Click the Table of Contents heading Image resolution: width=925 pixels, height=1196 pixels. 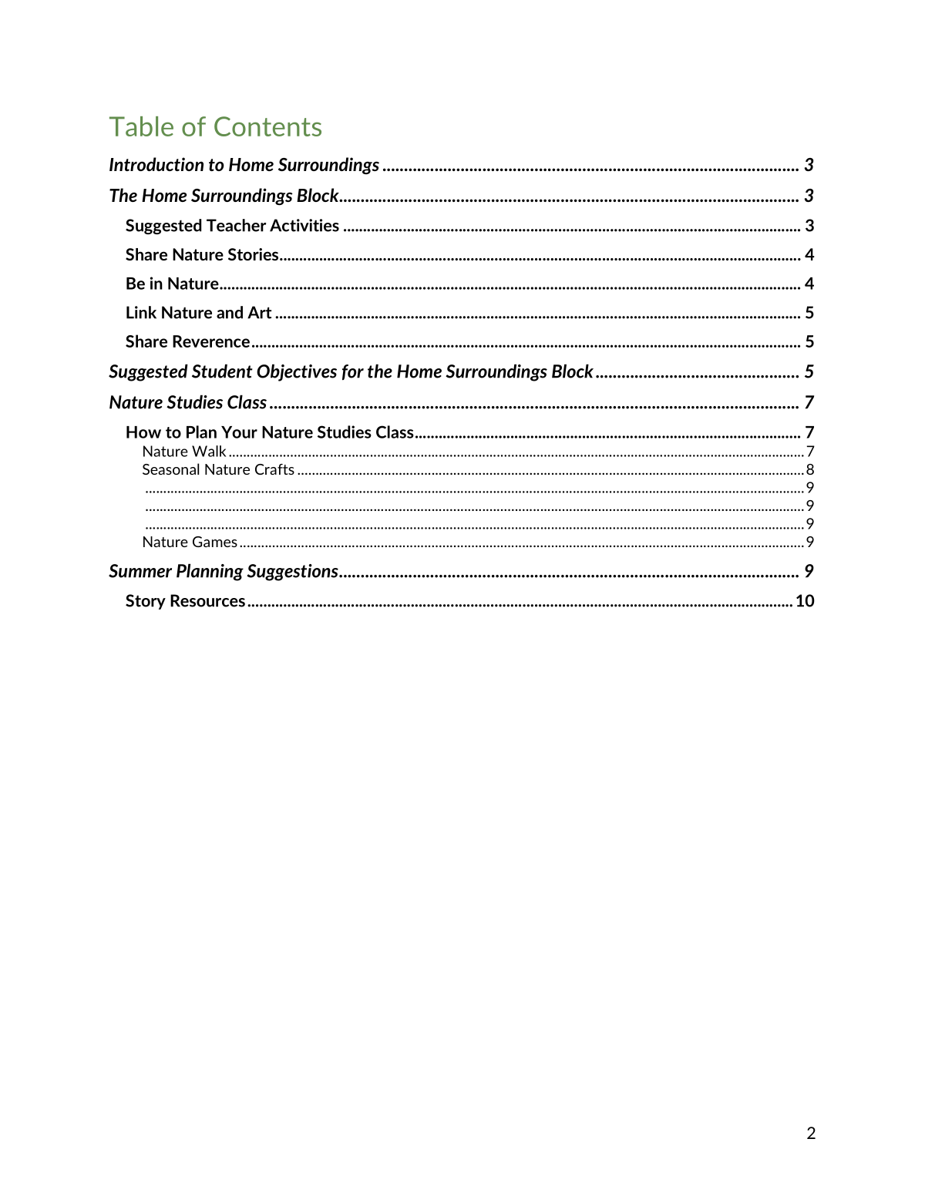click(x=215, y=127)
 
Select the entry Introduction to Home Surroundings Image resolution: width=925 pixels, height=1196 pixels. click(x=244, y=165)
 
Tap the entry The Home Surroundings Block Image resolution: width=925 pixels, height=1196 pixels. click(x=224, y=196)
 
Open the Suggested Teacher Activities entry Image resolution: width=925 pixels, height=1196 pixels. click(x=232, y=226)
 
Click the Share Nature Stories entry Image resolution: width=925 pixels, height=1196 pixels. click(x=202, y=255)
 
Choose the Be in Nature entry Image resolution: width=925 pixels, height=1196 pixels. click(x=172, y=284)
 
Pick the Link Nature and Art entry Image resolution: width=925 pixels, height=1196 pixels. click(x=198, y=313)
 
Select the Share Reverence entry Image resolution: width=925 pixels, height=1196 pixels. click(x=187, y=341)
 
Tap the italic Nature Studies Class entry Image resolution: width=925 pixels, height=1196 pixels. click(x=187, y=402)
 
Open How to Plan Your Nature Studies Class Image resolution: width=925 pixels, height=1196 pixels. click(x=270, y=432)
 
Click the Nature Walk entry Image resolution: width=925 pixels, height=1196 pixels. click(x=183, y=452)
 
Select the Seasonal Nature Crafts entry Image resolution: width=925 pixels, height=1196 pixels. click(x=218, y=469)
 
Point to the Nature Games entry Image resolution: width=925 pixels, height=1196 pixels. click(x=190, y=542)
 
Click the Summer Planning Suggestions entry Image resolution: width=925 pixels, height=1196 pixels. click(x=224, y=571)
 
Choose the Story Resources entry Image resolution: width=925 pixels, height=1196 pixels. click(x=185, y=601)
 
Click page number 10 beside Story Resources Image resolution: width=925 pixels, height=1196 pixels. click(x=805, y=601)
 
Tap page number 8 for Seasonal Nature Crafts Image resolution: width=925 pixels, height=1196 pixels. click(x=810, y=469)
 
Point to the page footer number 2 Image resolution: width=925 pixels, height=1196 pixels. click(x=811, y=1133)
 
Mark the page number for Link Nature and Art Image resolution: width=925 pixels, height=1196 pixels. click(x=809, y=313)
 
